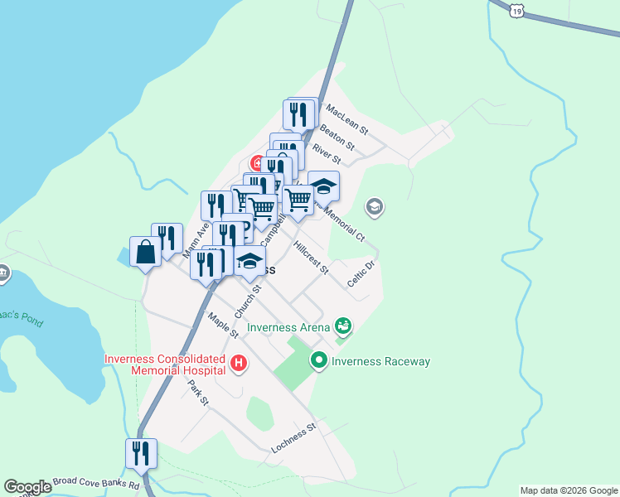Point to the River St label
tap(326, 152)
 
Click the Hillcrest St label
tap(311, 258)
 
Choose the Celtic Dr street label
tap(362, 273)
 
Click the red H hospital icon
tap(239, 363)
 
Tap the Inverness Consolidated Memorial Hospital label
tap(166, 364)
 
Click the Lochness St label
tap(294, 438)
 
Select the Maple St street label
tap(223, 325)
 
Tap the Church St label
tap(248, 302)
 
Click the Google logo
tap(27, 487)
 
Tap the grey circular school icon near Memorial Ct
tap(375, 206)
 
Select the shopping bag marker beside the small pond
tap(145, 253)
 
